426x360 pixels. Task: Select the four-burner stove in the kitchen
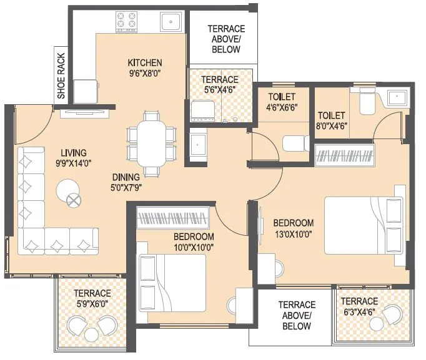128,21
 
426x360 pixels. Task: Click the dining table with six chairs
151,144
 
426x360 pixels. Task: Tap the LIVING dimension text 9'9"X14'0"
74,164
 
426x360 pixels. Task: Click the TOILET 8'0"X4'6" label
332,120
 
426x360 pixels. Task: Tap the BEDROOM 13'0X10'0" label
293,228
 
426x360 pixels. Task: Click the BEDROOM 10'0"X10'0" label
194,242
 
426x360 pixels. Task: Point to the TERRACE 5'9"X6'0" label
92,298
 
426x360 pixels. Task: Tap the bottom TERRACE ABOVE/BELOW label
297,315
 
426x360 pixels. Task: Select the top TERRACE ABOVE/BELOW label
225,39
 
